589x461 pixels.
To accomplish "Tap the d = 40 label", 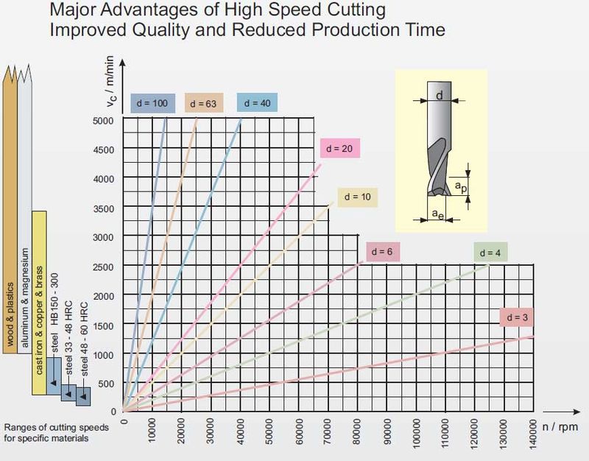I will click(x=256, y=102).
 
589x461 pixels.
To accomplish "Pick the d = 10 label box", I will click(x=357, y=197).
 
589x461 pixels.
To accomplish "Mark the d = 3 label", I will click(x=518, y=317).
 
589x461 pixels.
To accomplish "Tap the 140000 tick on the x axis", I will click(x=532, y=439).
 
